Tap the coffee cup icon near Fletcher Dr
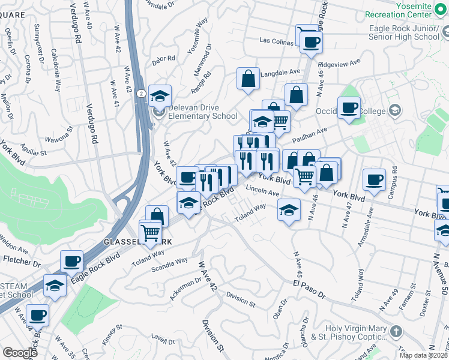72,261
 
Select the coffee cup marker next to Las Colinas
311,42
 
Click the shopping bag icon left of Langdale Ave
248,79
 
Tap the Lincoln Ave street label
262,193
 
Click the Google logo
20,353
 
